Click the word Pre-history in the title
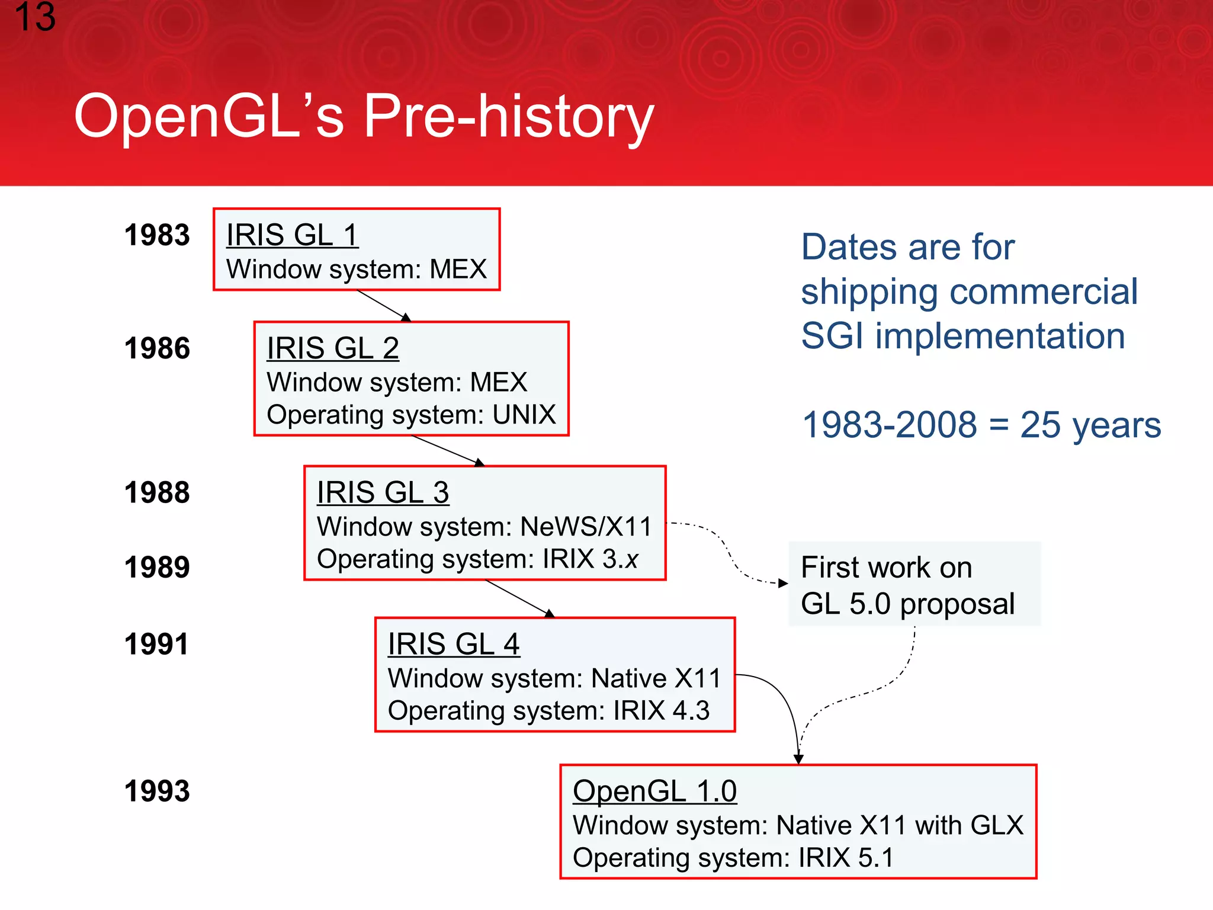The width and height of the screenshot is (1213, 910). pyautogui.click(x=508, y=117)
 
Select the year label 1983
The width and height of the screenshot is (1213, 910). pyautogui.click(x=157, y=235)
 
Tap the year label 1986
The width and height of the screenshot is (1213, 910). pyautogui.click(x=157, y=348)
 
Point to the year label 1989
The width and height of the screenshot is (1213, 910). pyautogui.click(x=157, y=568)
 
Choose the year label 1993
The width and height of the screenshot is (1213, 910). pyautogui.click(x=157, y=792)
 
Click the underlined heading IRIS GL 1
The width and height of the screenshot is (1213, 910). pyautogui.click(x=292, y=235)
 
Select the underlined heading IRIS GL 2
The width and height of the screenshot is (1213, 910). pyautogui.click(x=332, y=348)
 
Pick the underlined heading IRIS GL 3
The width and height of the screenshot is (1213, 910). pyautogui.click(x=383, y=492)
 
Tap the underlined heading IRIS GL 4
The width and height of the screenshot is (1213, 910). pyautogui.click(x=454, y=644)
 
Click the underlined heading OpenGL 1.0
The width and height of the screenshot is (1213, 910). pyautogui.click(x=654, y=791)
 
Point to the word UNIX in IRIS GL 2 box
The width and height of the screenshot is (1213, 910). pyautogui.click(x=524, y=415)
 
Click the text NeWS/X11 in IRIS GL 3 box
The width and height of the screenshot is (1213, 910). pyautogui.click(x=586, y=527)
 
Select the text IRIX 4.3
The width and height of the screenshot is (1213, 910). pyautogui.click(x=661, y=710)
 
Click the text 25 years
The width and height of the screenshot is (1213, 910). pyautogui.click(x=1090, y=425)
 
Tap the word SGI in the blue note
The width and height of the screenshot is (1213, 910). pyautogui.click(x=832, y=336)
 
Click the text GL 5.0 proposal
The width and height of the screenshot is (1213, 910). pyautogui.click(x=907, y=604)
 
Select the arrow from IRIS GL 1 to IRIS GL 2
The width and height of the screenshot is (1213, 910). pyautogui.click(x=383, y=305)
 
